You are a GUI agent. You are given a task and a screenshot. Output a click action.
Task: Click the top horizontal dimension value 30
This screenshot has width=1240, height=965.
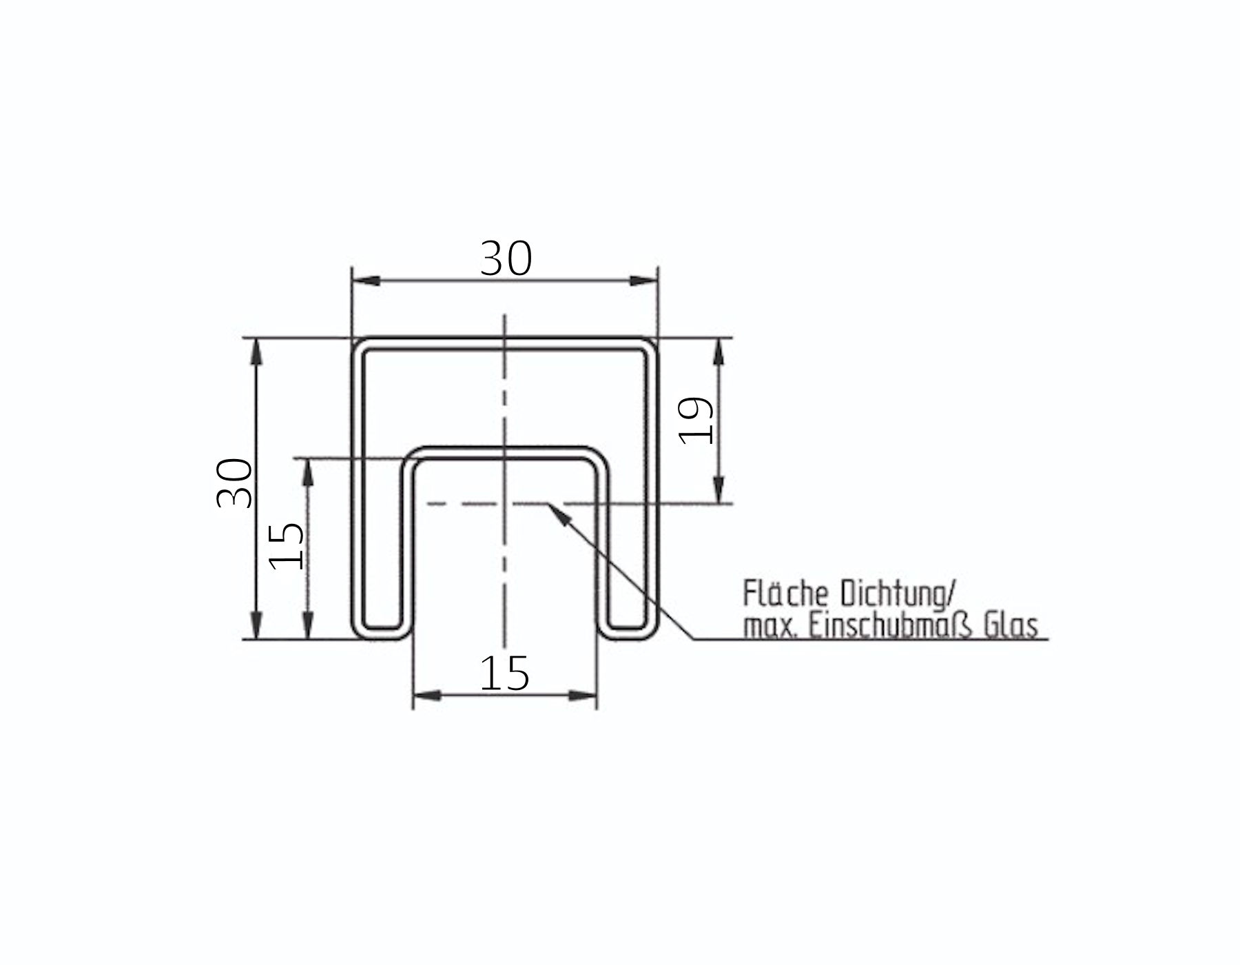(506, 259)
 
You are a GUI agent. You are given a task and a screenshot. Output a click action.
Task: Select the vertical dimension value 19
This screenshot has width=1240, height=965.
(696, 421)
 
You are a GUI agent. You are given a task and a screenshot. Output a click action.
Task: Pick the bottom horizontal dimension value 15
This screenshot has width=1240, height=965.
(504, 673)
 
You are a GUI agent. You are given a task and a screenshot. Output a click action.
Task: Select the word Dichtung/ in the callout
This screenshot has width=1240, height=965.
(897, 594)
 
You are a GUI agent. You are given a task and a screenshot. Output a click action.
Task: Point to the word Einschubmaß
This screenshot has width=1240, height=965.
(892, 627)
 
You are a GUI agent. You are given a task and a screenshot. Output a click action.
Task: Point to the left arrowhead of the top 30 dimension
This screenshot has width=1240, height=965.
(365, 281)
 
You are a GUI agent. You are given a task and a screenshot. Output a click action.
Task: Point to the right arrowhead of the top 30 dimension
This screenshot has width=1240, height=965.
(643, 281)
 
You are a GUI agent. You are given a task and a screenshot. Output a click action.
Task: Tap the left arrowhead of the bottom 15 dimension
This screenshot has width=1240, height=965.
(426, 695)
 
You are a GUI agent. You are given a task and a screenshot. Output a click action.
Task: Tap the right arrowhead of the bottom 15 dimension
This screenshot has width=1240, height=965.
(583, 695)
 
